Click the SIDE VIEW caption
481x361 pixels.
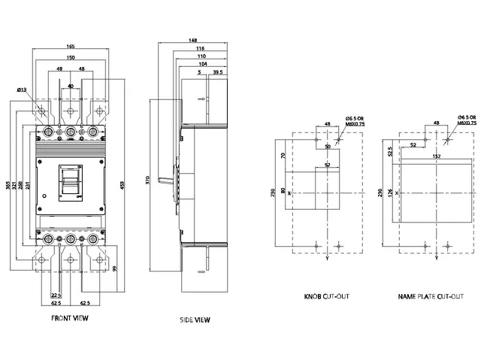(195, 320)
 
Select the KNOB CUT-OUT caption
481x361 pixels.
(325, 297)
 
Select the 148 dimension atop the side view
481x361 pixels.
(195, 41)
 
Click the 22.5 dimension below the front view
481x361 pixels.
(56, 296)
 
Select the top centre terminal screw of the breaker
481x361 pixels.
(71, 132)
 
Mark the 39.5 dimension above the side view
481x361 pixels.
(218, 73)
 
